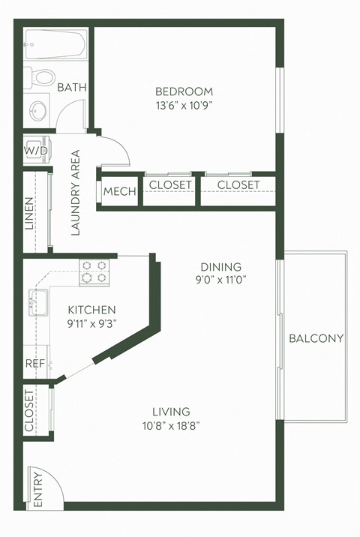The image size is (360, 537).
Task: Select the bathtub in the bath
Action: [x=55, y=45]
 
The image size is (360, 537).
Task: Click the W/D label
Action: [x=35, y=150]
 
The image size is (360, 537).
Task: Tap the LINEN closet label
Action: [x=29, y=213]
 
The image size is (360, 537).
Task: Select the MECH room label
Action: [x=120, y=191]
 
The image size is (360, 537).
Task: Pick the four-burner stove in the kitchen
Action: [x=94, y=271]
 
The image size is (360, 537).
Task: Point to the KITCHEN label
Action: [x=91, y=310]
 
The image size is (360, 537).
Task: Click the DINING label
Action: [x=220, y=267]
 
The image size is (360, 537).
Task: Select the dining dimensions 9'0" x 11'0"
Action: [x=220, y=280]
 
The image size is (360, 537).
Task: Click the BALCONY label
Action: [x=316, y=338]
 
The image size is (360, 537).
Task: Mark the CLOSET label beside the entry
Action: [x=29, y=411]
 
